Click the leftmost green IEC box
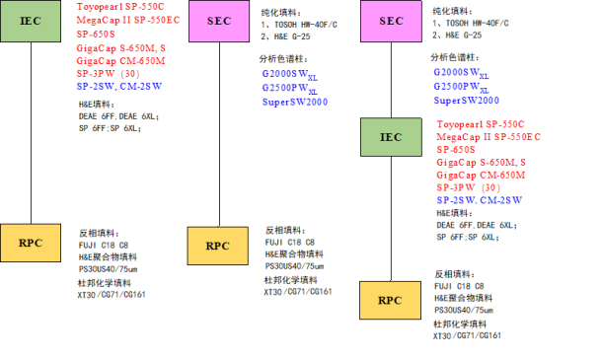coord(32,21)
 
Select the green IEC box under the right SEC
coord(391,137)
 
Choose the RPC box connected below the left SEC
coord(217,246)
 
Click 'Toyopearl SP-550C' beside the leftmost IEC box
coord(121,8)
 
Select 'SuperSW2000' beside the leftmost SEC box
coord(294,101)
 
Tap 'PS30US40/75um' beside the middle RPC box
coord(294,265)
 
